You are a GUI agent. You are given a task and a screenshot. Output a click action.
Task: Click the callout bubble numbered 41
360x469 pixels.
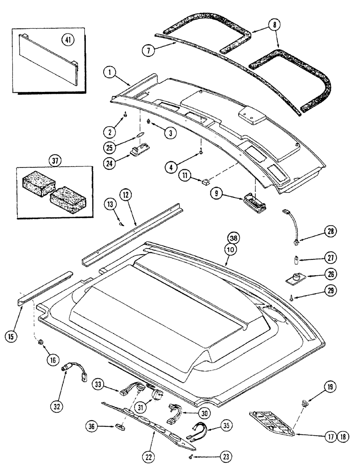point(69,40)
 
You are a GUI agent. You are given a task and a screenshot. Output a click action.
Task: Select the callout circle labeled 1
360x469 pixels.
point(109,73)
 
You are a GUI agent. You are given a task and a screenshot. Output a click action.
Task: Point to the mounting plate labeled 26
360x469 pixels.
point(297,278)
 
